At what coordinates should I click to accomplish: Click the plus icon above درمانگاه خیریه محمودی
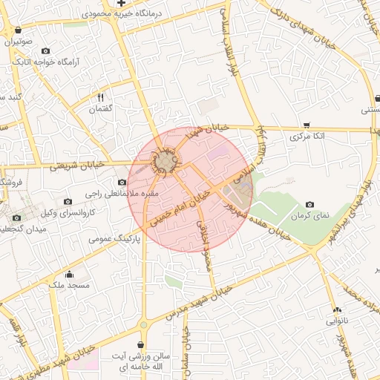tap(122, 4)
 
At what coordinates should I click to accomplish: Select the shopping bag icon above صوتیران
tap(17, 30)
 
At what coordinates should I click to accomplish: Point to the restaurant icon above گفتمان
tap(100, 97)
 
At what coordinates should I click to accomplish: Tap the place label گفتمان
tap(100, 109)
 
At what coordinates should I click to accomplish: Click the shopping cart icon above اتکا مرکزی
tap(307, 125)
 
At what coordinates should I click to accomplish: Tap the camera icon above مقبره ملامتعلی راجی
tap(122, 182)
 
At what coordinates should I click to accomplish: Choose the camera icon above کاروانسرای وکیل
tap(68, 201)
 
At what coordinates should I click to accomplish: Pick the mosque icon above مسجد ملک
tap(69, 274)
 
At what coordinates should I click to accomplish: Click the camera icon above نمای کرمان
tap(309, 204)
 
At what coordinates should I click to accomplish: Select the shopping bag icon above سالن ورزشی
tap(141, 344)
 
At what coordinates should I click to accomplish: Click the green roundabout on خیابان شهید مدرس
tap(144, 325)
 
